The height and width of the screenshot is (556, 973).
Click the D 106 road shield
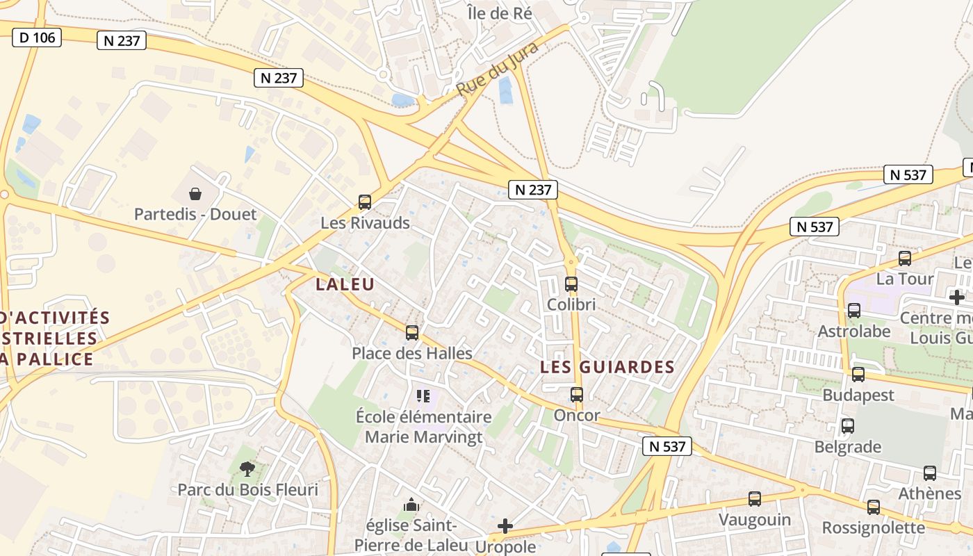tap(37, 38)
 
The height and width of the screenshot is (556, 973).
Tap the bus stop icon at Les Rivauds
tap(365, 202)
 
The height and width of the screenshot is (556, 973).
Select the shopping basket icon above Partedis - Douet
tap(195, 193)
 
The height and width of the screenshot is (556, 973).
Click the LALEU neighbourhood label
tap(345, 284)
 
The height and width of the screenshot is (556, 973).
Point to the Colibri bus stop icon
tap(571, 284)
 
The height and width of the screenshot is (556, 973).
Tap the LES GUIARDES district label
tap(607, 367)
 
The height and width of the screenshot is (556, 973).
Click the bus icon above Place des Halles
tap(412, 332)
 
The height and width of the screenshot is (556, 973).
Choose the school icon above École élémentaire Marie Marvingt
tap(423, 396)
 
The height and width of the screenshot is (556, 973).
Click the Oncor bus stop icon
tap(577, 395)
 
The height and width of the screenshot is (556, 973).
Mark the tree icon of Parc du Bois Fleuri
tap(247, 469)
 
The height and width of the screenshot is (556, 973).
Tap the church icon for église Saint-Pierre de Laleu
tap(411, 504)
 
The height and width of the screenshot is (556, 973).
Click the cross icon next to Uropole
tap(505, 526)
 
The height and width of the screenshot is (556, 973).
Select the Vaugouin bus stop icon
tap(755, 498)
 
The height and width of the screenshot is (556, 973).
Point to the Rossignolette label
tap(874, 528)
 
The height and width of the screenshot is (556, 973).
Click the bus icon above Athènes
tap(930, 473)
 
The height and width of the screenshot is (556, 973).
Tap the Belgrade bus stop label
tap(848, 446)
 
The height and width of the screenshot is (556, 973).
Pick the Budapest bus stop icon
tap(858, 375)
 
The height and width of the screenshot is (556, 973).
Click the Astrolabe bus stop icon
tap(854, 310)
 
